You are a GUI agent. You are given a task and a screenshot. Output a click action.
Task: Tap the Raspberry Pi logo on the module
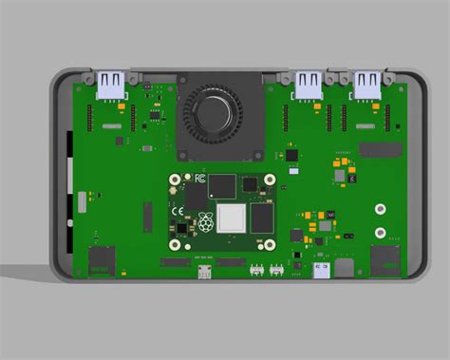pyautogui.click(x=205, y=225)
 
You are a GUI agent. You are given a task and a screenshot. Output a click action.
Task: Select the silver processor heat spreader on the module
pyautogui.click(x=231, y=218)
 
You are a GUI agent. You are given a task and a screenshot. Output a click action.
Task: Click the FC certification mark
pyautogui.click(x=200, y=179)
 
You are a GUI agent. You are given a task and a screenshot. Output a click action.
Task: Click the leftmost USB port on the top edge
pyautogui.click(x=112, y=85)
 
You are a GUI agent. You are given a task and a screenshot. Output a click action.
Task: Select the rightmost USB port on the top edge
pyautogui.click(x=367, y=85)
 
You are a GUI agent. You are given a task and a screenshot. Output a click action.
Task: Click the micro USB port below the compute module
pyautogui.click(x=205, y=273)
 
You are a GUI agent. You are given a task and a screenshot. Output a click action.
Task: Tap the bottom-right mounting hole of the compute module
pyautogui.click(x=270, y=244)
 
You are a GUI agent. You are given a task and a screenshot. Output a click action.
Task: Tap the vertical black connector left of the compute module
pyautogui.click(x=147, y=218)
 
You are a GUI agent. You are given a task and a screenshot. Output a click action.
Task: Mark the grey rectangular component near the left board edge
pyautogui.click(x=82, y=200)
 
